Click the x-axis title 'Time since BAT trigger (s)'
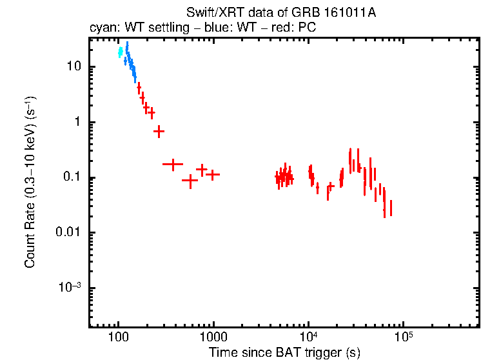[284, 352]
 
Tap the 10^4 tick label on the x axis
[308, 337]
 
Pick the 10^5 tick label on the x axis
[403, 337]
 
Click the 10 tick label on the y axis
[74, 66]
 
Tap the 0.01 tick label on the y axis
[70, 233]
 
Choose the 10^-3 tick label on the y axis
[72, 288]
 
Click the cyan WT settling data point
[120, 52]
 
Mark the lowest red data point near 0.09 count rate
[190, 181]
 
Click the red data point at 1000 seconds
[211, 174]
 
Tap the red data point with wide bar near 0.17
[173, 165]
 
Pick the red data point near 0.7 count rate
[158, 131]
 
